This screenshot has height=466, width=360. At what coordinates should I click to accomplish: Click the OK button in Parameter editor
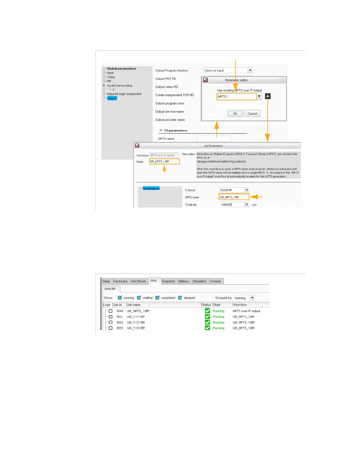pyautogui.click(x=235, y=114)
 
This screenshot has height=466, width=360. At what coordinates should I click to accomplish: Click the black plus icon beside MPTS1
pyautogui.click(x=268, y=96)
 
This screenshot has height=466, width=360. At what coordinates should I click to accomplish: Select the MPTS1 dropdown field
pyautogui.click(x=236, y=96)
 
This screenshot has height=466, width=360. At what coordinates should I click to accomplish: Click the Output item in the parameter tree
pyautogui.click(x=112, y=98)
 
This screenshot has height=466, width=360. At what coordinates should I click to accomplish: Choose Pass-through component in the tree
pyautogui.click(x=124, y=94)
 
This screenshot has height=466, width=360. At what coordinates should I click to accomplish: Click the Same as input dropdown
pyautogui.click(x=228, y=71)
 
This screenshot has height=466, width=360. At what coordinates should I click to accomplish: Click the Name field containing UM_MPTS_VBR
pyautogui.click(x=164, y=162)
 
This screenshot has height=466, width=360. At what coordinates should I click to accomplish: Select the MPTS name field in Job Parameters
pyautogui.click(x=234, y=197)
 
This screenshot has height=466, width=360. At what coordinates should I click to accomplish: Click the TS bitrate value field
pyautogui.click(x=232, y=204)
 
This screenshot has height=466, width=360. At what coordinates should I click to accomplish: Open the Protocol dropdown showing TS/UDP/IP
pyautogui.click(x=234, y=190)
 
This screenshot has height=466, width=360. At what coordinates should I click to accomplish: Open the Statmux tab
pyautogui.click(x=184, y=281)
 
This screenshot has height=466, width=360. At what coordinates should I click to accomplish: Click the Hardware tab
pyautogui.click(x=121, y=281)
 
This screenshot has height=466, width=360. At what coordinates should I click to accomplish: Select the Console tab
pyautogui.click(x=215, y=281)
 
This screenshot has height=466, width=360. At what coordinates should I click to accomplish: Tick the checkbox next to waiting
pyautogui.click(x=139, y=298)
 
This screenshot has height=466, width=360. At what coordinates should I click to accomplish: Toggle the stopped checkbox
pyautogui.click(x=180, y=298)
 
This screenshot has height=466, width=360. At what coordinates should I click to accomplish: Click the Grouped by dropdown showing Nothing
pyautogui.click(x=244, y=298)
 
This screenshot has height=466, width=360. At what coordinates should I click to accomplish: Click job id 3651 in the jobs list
pyautogui.click(x=119, y=317)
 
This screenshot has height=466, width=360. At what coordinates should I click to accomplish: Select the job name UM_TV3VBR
pyautogui.click(x=136, y=328)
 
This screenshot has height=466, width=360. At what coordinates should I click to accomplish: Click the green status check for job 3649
pyautogui.click(x=207, y=311)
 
